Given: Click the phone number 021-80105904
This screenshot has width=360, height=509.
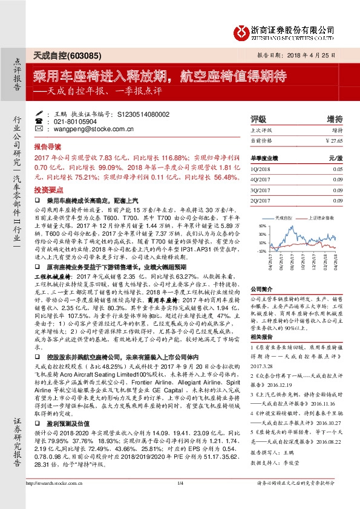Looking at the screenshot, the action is point(73,121).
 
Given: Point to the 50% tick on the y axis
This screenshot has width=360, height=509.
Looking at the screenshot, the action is point(261,225).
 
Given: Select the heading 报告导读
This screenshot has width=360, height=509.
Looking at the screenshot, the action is point(47,147).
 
